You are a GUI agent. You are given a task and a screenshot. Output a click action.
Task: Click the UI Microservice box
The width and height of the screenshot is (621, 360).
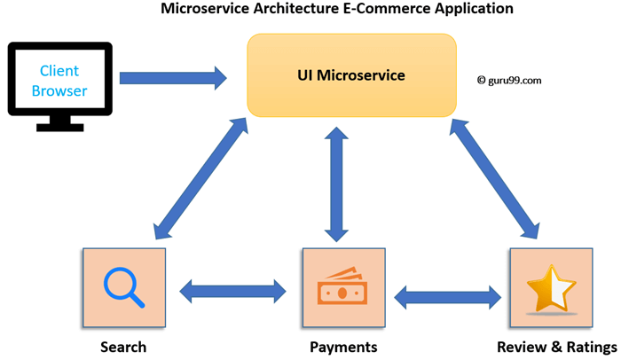click(x=352, y=75)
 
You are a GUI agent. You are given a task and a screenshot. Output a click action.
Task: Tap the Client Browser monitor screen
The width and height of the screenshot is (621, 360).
click(x=59, y=81)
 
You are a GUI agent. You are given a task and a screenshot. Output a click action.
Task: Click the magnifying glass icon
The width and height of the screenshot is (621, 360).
click(x=124, y=290)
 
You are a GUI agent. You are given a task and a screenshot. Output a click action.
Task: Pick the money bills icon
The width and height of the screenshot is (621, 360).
click(x=343, y=290)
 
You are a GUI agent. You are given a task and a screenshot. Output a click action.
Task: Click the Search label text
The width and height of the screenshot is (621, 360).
click(x=123, y=346)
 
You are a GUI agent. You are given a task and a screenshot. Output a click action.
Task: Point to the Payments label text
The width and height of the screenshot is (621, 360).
click(x=343, y=346)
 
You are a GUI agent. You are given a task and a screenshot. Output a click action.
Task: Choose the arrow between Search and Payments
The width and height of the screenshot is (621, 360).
click(x=234, y=290)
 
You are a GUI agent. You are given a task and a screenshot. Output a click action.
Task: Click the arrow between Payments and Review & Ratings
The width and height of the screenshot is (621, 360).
click(x=447, y=294)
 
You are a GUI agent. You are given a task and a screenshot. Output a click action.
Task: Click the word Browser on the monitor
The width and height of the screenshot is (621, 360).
click(x=59, y=90)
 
